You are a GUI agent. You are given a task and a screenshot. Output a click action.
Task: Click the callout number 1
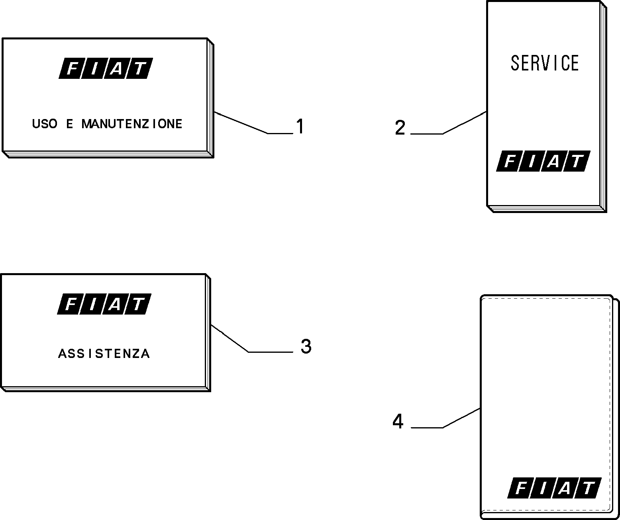pos(300,126)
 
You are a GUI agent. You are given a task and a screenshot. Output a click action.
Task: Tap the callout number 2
pos(400,128)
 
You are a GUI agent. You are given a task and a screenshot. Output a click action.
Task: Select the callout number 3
pos(306,346)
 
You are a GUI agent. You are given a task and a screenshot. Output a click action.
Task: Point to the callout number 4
pos(398,422)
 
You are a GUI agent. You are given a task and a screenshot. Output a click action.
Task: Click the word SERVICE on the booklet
pos(545,63)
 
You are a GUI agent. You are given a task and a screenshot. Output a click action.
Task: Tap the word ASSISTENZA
pos(104,354)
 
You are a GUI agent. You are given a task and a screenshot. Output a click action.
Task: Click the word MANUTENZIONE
pos(132,124)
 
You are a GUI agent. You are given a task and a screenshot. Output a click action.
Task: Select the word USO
pos(45,124)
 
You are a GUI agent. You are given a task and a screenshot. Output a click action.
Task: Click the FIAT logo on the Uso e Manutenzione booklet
pos(106,68)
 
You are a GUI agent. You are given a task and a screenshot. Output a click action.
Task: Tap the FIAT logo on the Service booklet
pos(543,161)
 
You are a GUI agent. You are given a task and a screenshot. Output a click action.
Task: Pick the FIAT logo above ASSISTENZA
pos(104,304)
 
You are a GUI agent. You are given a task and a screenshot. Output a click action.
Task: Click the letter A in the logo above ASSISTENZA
pos(114,304)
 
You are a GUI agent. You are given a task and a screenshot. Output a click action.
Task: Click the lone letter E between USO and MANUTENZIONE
pos(69,124)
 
